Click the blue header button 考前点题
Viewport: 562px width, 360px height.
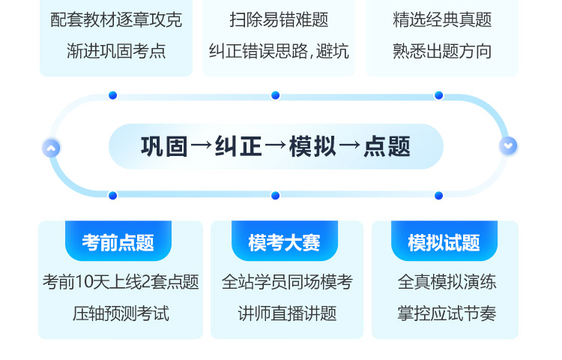click(x=118, y=241)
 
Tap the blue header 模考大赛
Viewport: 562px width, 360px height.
click(x=285, y=241)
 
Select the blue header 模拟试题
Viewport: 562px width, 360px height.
click(x=444, y=241)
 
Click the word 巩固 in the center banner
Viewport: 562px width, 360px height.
click(x=164, y=147)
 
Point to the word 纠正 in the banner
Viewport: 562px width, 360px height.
click(x=238, y=147)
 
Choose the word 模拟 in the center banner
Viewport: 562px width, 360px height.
click(x=312, y=147)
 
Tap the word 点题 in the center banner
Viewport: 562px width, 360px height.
click(x=387, y=147)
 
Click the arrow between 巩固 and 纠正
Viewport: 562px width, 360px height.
click(x=202, y=145)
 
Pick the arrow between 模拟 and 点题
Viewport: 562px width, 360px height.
click(x=350, y=145)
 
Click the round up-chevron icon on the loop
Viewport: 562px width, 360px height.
click(x=51, y=148)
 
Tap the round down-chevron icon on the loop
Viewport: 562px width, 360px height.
click(x=508, y=146)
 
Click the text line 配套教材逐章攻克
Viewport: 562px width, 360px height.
click(x=116, y=19)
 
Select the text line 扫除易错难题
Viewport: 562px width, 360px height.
click(x=279, y=19)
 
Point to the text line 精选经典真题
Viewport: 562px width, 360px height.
click(x=442, y=19)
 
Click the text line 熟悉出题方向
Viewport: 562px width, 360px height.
click(x=442, y=51)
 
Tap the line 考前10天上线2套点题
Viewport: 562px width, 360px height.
click(x=121, y=282)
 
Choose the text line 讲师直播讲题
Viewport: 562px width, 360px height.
click(x=288, y=313)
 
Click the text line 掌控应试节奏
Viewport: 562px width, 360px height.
click(x=447, y=313)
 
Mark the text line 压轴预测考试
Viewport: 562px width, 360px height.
click(x=121, y=313)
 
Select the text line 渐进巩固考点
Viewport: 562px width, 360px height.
click(x=116, y=51)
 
